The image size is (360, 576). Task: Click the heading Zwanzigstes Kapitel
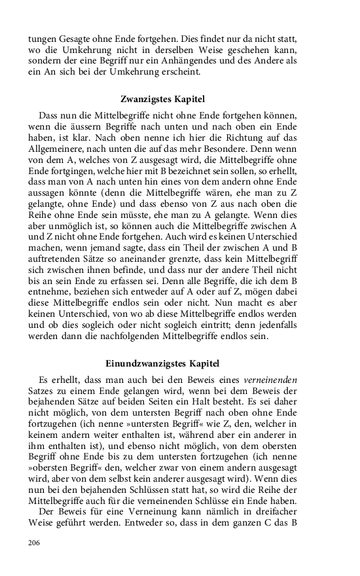[x=163, y=99]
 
